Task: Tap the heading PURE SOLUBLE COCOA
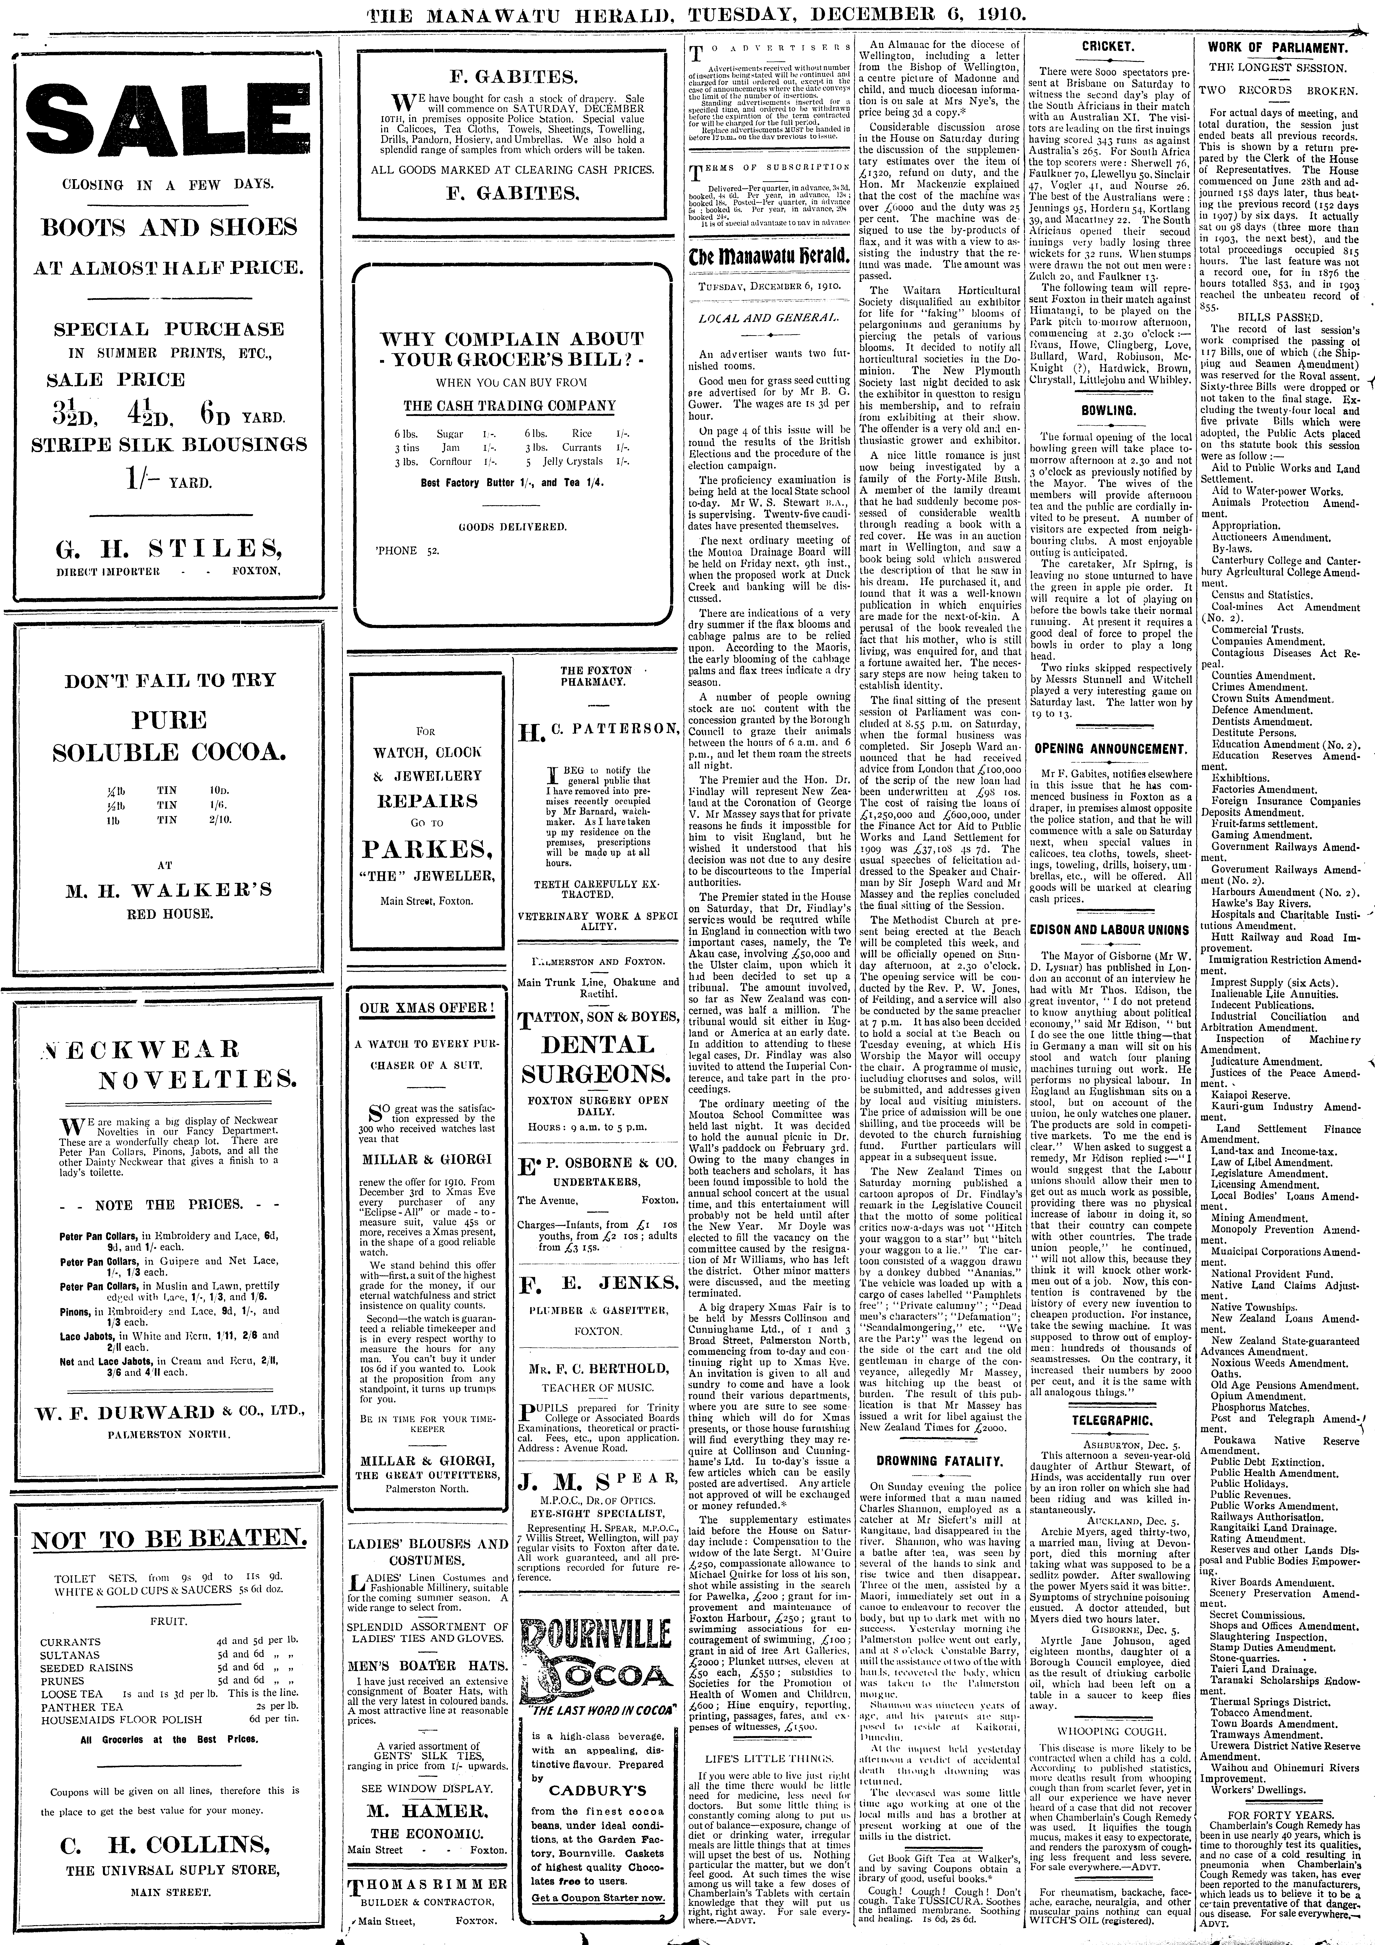169,735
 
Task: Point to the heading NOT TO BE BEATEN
169,1540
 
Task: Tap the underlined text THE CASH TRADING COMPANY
509,406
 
